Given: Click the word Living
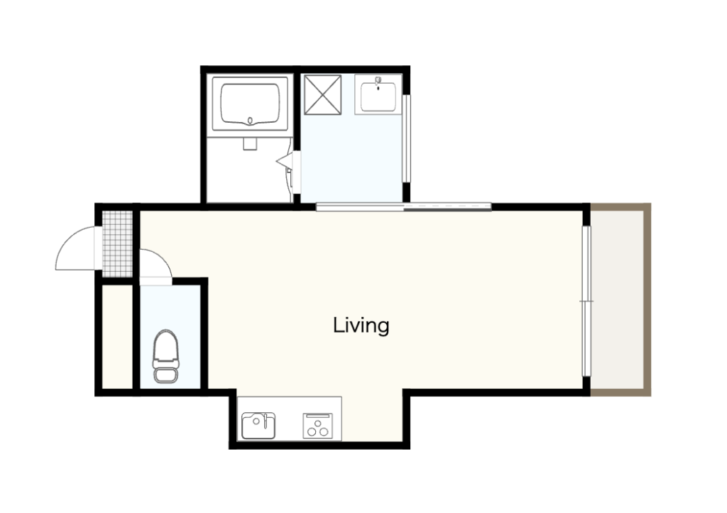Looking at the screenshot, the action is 361,326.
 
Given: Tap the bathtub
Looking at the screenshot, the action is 250,104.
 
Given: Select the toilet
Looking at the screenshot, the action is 165,356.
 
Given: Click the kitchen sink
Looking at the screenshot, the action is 258,426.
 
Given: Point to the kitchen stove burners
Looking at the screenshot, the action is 317,426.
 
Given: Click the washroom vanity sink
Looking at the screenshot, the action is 378,94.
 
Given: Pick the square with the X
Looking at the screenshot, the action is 323,94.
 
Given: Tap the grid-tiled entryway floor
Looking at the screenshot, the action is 117,244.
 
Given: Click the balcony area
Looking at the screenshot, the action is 618,300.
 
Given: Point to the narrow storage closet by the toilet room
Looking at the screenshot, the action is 117,337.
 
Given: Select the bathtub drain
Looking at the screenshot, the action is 251,121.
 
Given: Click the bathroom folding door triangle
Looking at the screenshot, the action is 285,161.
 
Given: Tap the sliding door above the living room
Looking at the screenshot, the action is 403,207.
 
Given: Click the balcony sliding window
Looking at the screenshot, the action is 587,302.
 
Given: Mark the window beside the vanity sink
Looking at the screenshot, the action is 406,138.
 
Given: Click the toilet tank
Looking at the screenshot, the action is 165,375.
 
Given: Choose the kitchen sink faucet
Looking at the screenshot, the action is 265,421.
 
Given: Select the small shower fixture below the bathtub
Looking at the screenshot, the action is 250,143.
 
